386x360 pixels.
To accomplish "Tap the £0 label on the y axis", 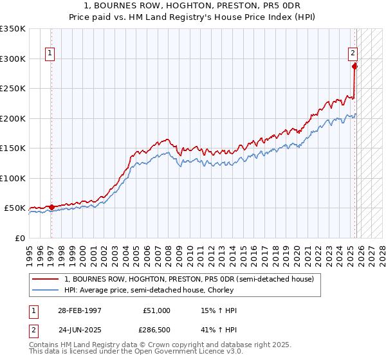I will [x=20, y=238].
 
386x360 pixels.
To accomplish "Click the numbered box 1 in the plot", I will [x=50, y=54].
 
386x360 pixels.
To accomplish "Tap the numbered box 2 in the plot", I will [x=353, y=54].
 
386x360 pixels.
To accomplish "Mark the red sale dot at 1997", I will [x=51, y=207].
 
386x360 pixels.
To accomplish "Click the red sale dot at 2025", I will [x=354, y=66].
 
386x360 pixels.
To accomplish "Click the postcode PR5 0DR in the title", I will [x=284, y=6].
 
